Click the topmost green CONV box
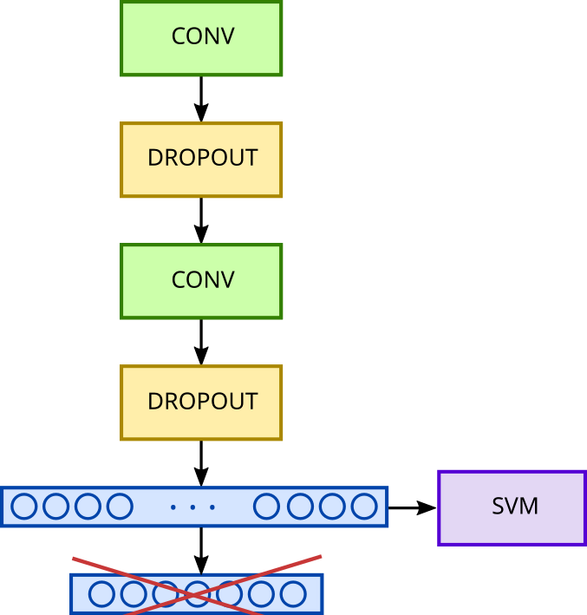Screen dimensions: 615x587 (201, 37)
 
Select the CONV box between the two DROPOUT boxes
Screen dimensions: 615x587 (201, 281)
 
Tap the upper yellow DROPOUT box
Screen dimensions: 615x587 (201, 160)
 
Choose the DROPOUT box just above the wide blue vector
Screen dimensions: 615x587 (201, 402)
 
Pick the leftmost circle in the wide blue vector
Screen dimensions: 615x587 (23, 507)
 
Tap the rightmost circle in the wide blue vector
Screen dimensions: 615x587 (364, 507)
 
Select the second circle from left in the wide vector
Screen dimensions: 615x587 (55, 507)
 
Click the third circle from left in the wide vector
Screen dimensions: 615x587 (88, 507)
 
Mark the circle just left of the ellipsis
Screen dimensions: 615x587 (119, 507)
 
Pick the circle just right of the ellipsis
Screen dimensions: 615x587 (266, 507)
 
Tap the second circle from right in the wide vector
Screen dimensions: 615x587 (333, 507)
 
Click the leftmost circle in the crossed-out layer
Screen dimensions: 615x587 (101, 594)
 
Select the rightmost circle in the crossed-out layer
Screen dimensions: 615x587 (293, 594)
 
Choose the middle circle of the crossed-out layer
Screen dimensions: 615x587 (198, 594)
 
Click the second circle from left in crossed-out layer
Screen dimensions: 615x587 (134, 594)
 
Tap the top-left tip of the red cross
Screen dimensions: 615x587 (73, 558)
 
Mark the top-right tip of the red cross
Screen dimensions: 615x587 (321, 556)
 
